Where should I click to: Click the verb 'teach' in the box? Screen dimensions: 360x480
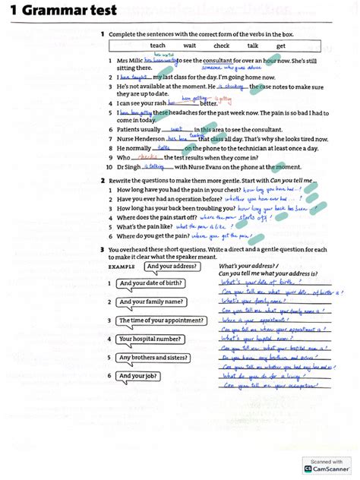click(157, 46)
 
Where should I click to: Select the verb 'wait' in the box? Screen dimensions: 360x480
click(190, 46)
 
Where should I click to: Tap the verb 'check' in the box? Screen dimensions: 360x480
click(221, 46)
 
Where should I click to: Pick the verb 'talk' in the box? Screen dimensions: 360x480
click(253, 46)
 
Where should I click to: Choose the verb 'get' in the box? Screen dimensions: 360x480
click(281, 46)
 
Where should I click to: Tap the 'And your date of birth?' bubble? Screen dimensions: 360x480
click(151, 283)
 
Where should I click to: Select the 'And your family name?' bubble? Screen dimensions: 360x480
click(150, 302)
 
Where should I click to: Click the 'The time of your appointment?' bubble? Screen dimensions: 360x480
click(160, 320)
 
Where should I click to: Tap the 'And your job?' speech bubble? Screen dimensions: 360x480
click(137, 375)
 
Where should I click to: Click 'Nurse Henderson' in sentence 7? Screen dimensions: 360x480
click(140, 139)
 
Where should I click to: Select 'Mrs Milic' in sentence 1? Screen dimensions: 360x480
click(128, 61)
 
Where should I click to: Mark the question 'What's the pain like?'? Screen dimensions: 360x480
click(144, 226)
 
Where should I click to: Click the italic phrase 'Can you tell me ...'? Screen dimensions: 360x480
click(289, 180)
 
